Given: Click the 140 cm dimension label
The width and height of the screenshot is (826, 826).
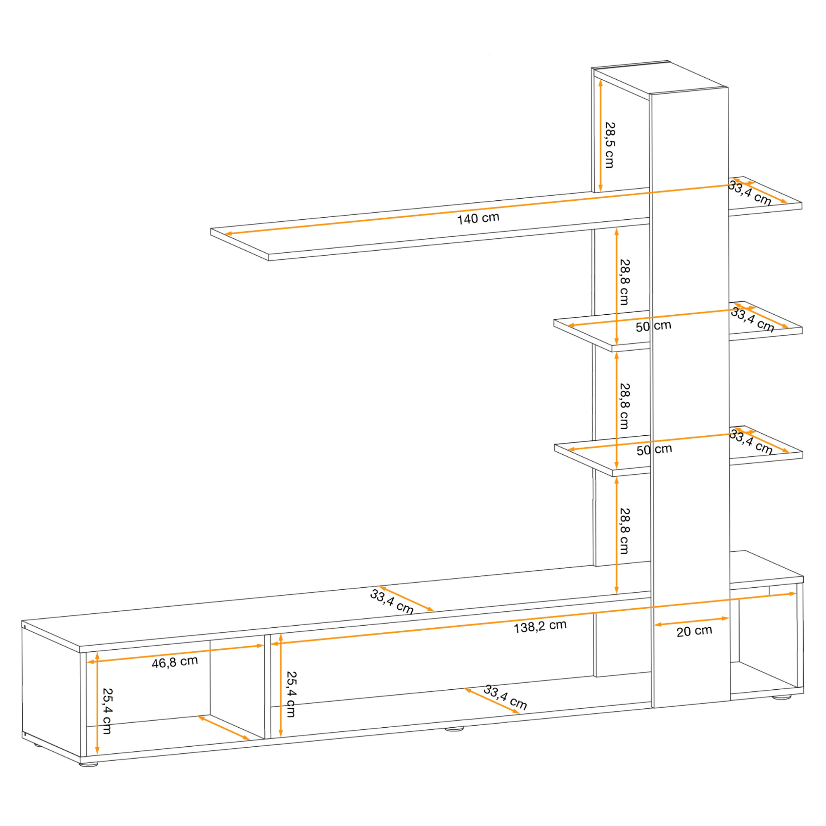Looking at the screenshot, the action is (478, 218).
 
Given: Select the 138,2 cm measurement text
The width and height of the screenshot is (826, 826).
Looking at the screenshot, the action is (540, 627).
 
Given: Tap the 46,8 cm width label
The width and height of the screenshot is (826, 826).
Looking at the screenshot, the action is (175, 662).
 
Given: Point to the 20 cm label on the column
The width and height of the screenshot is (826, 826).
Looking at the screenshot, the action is (694, 631).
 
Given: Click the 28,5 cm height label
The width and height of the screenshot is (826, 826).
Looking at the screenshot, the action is (610, 145).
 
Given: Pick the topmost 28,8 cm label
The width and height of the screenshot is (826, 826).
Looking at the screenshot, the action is (624, 282).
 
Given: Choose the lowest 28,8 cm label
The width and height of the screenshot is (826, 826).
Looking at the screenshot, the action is (624, 531).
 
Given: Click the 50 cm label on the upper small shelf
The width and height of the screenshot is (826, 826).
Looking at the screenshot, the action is (653, 326).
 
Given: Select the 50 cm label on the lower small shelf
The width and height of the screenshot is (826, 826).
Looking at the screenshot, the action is (654, 449).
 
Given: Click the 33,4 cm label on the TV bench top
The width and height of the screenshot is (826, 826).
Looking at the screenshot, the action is (392, 602).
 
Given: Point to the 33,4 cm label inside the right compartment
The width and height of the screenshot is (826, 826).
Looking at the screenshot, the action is (505, 697).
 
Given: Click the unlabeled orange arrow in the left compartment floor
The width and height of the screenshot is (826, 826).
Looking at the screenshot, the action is (223, 728).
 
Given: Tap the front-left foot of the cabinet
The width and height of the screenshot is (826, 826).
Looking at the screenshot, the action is (89, 764).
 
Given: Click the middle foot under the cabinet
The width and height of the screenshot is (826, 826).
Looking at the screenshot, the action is (454, 729).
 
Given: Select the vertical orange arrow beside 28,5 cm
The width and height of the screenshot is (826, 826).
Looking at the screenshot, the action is (601, 136).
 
